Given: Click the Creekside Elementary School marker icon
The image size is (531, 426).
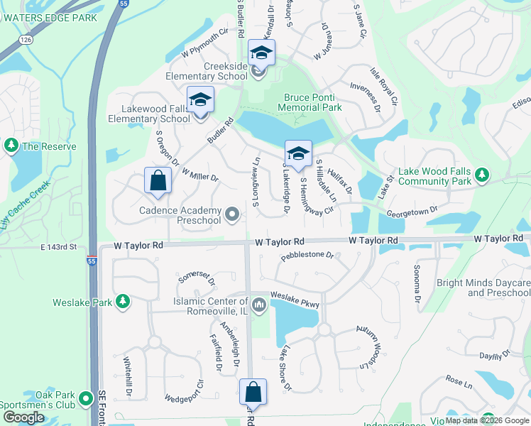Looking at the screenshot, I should pos(261,53).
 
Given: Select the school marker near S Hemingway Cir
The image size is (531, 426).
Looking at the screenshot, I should pos(298,153).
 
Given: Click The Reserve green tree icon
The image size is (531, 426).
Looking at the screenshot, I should pos(11,146).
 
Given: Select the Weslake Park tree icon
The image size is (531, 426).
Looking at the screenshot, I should pos(123,302).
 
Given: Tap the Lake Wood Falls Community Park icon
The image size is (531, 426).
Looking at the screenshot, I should pos(482,174).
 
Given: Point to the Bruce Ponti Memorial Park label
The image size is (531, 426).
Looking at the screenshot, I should pos(312,102).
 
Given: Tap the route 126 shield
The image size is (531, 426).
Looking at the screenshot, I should pos(26,40).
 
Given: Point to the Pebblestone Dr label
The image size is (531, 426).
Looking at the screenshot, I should pos(307,255).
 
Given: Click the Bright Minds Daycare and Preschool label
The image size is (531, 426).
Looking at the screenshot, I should pos(483,288).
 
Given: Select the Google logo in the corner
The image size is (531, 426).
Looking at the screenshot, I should pos(23,417).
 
